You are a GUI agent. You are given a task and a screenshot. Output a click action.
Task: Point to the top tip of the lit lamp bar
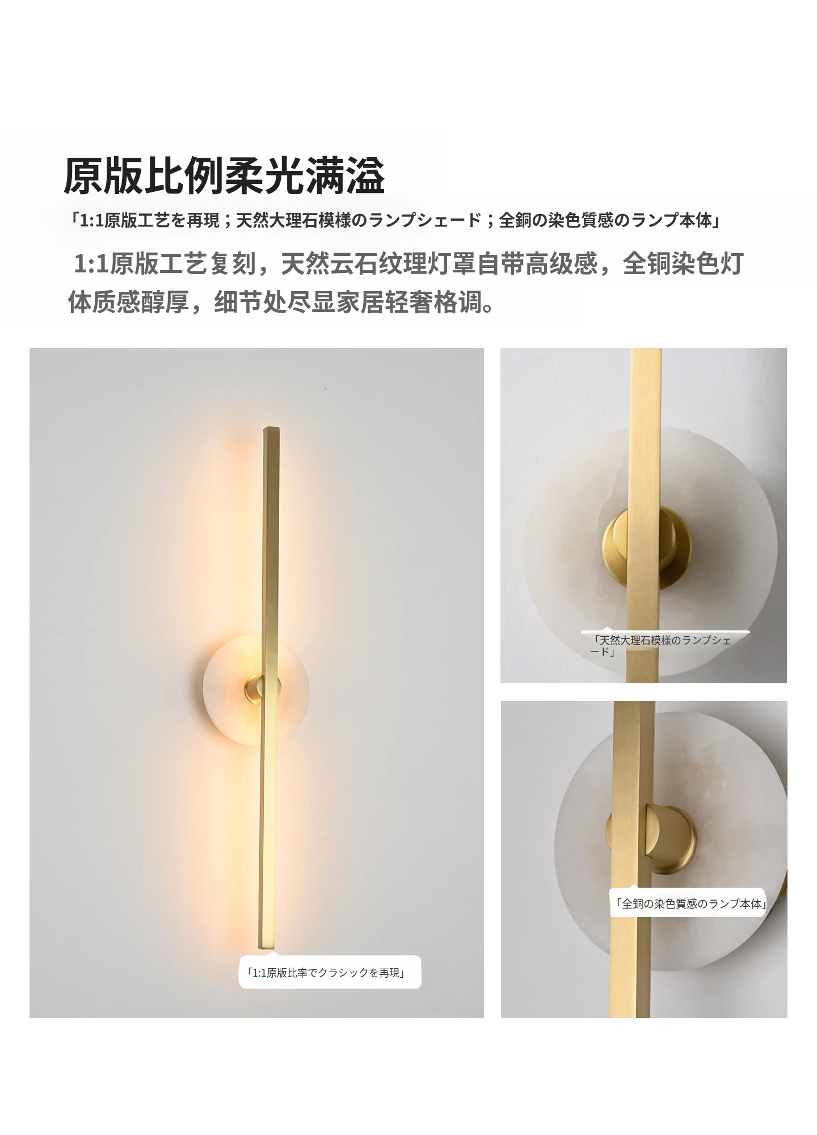pyautogui.click(x=271, y=427)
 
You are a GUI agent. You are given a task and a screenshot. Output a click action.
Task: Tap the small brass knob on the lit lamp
pyautogui.click(x=254, y=690)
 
